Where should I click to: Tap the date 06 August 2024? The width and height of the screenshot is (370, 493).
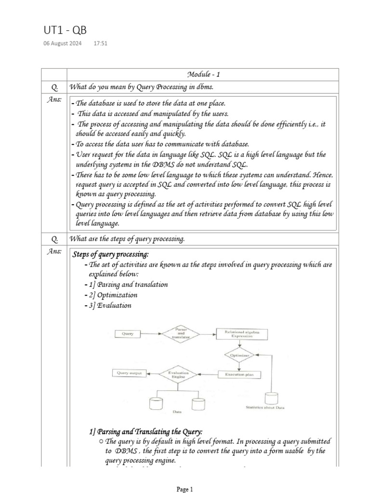point(65,43)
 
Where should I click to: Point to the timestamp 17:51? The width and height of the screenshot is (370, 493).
point(100,43)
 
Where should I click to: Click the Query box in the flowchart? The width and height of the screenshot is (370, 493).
point(128,333)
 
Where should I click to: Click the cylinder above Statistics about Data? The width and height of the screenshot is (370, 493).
point(271,398)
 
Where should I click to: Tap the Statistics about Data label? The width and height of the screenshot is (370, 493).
point(265,408)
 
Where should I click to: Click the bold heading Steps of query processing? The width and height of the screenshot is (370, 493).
point(110,254)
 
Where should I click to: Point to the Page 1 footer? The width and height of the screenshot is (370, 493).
point(185,489)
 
